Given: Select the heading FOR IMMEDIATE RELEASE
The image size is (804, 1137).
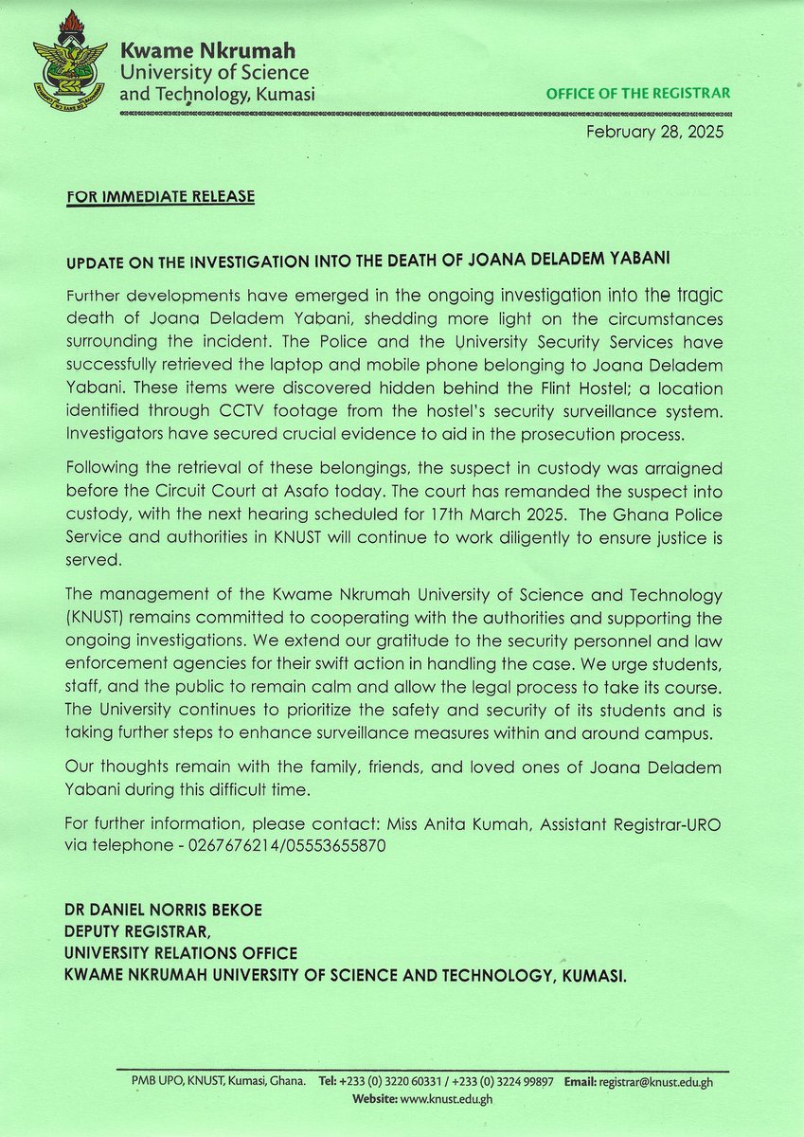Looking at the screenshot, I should click(160, 198).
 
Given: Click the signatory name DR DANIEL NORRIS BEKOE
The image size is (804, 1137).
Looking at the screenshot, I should click(164, 910).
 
